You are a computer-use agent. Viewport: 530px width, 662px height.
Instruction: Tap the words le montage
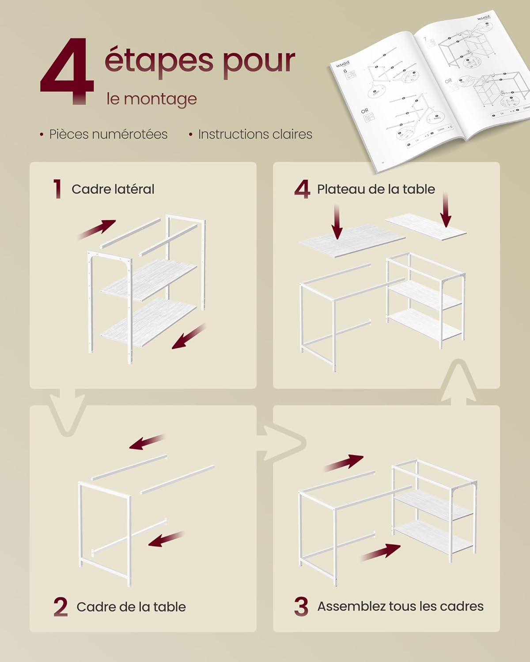coord(151,99)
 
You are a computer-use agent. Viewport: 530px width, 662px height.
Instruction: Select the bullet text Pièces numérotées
coord(108,134)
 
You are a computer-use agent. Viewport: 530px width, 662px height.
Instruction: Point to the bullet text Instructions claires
coord(255,134)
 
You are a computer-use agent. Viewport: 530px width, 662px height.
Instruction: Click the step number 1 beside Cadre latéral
coord(57,189)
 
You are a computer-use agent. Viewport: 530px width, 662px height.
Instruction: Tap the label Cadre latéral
coord(113,189)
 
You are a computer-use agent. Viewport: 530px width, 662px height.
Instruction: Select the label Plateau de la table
coord(376,189)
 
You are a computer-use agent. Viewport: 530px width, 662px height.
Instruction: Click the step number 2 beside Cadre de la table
coord(61,607)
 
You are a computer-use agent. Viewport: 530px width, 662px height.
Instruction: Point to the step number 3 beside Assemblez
coord(301,606)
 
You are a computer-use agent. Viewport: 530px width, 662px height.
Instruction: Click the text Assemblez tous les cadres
coord(400,606)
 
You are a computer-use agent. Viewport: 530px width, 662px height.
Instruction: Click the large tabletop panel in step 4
coord(352,241)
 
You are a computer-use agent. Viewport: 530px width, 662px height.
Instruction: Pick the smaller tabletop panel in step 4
coord(426,226)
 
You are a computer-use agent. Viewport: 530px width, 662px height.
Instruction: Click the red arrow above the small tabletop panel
coord(445,210)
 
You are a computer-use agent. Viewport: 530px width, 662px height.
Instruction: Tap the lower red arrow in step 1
coord(189,337)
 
